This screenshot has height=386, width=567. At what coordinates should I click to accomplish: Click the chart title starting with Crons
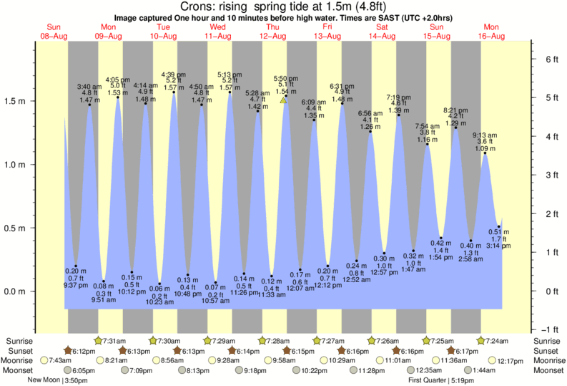(x=283, y=6)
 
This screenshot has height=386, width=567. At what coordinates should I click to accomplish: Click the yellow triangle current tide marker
(x=284, y=101)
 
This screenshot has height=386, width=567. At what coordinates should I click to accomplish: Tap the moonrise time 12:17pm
(x=511, y=361)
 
